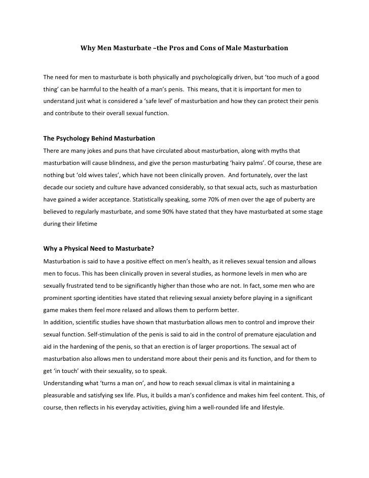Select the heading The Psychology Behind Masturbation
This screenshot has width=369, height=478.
coord(99,139)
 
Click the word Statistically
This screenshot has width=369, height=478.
coord(159,199)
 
